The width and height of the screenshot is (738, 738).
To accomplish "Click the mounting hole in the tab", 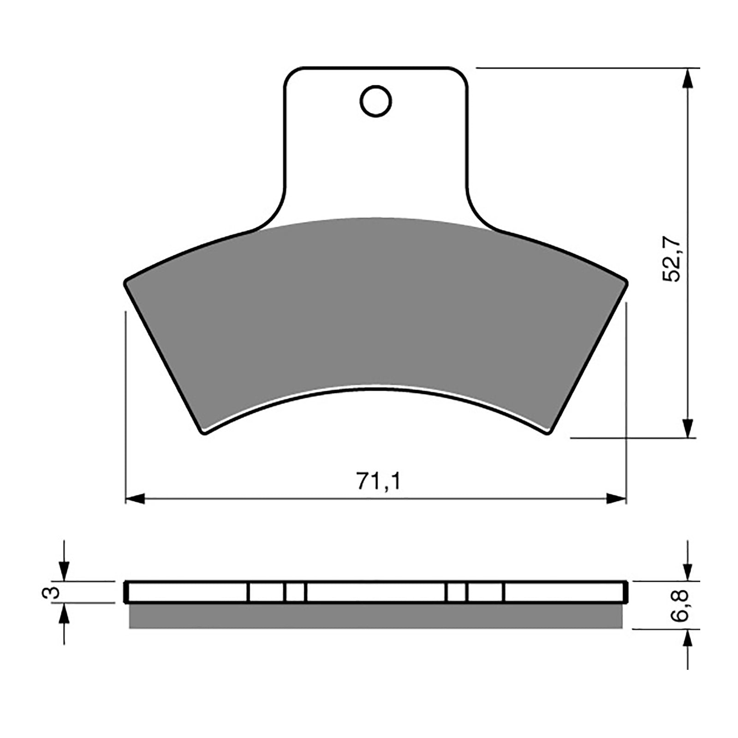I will point(376,101).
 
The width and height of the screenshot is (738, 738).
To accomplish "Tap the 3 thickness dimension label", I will point(54,592).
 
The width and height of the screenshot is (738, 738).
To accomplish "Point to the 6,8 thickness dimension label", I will point(687,605).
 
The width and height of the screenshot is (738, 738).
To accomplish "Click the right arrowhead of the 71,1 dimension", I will point(617,498).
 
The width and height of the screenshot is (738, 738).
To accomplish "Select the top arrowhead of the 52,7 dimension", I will point(688,78).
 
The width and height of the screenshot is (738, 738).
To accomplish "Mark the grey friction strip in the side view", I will point(376,616).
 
